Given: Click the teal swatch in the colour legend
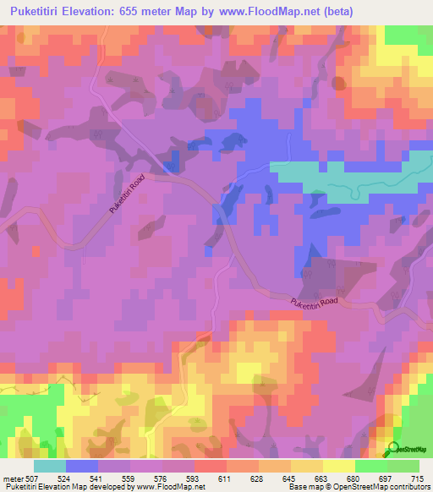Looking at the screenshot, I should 50,465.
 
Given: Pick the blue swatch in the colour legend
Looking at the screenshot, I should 82,465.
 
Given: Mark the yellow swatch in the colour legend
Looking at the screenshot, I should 337,465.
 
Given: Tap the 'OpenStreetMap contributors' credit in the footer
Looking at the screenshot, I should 378,486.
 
